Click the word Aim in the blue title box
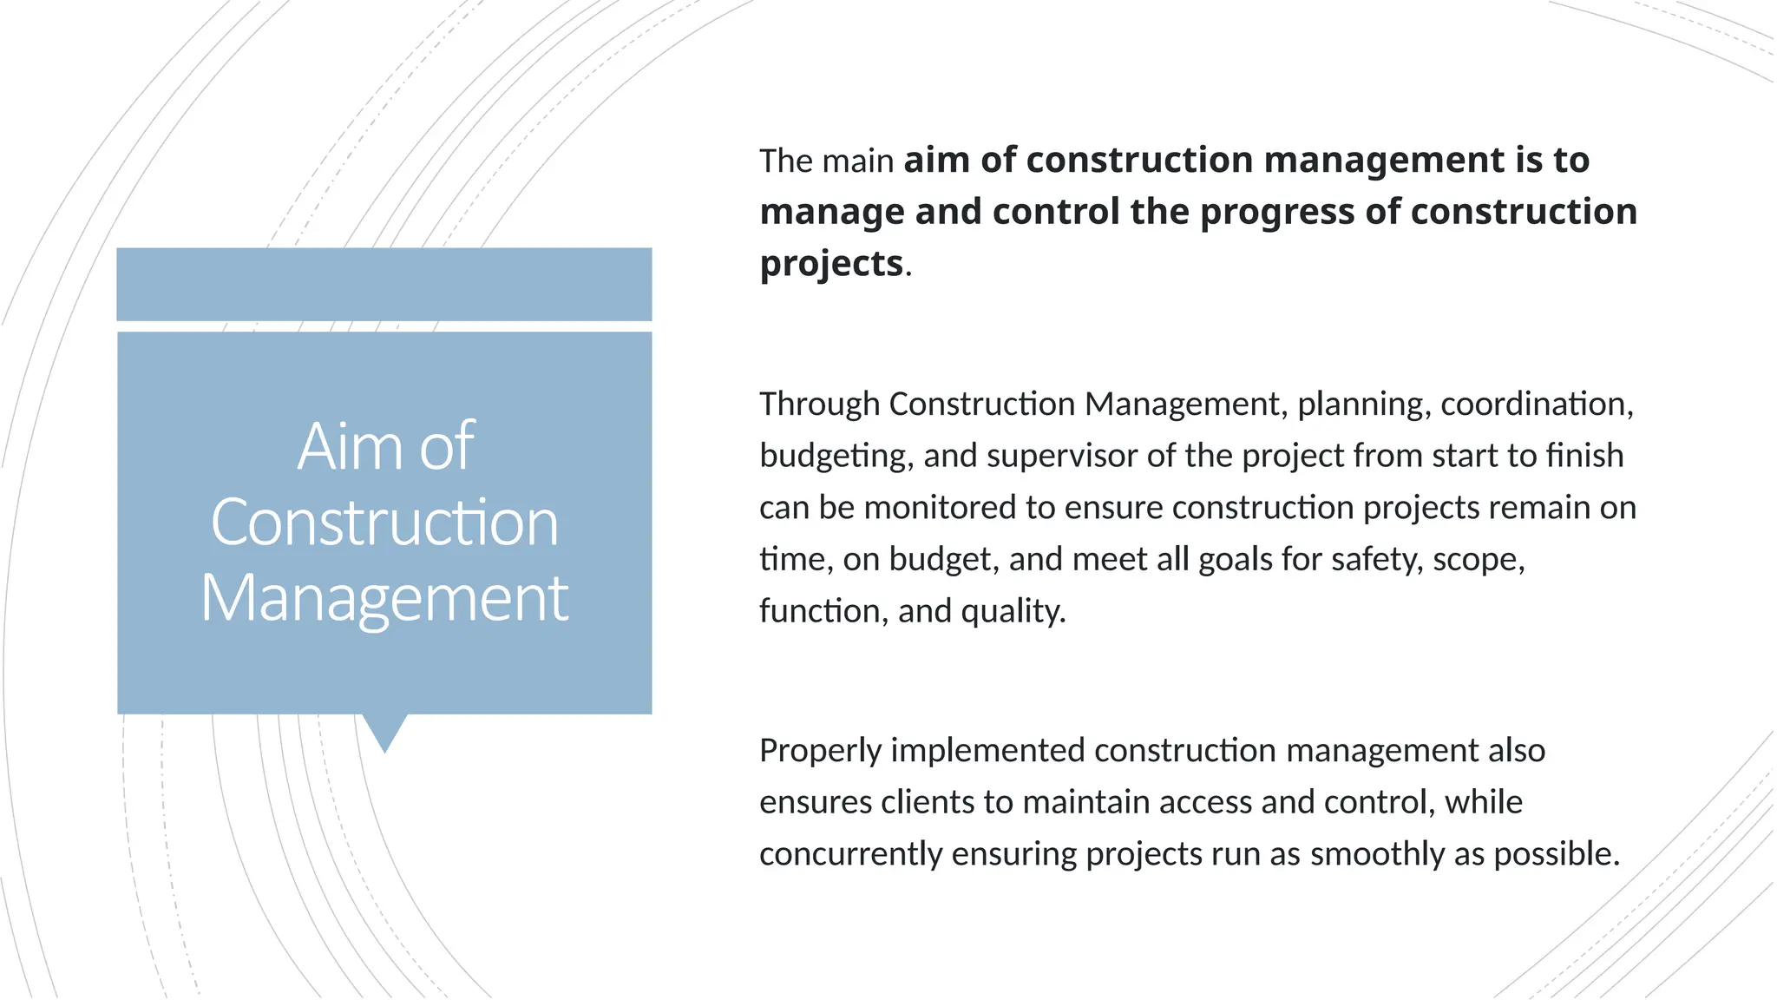coord(337,446)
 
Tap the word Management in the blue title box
coord(384,599)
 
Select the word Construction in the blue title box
coord(384,523)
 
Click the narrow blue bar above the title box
coord(384,284)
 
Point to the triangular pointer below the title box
coord(384,731)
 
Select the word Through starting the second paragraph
coord(819,405)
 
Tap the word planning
coord(1363,405)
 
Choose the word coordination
coord(1537,405)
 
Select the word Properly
coord(820,751)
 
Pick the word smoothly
coord(1377,854)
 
